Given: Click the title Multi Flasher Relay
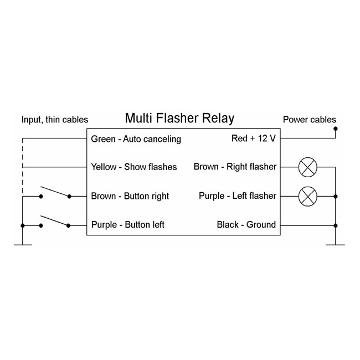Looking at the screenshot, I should pos(179,118).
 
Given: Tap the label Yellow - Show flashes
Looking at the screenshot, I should pos(133,167).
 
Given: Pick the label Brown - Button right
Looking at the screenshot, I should pos(130,196).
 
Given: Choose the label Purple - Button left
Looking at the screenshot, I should pos(127,225).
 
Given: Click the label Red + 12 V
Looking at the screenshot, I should pos(253,138).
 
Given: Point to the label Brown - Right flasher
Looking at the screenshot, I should pos(235,167).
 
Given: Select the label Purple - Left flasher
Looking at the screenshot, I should pos(237,196).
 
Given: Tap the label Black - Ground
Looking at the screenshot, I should pos(246,225).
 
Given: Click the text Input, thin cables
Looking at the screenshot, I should pos(54,120).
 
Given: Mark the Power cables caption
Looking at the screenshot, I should pos(309,120).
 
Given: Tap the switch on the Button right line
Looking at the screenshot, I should pos(55,193).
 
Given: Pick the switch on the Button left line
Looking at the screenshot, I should pos(55,222).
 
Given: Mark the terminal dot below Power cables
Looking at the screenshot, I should pos(335,128).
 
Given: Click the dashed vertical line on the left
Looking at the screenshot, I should pos(22,166).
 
